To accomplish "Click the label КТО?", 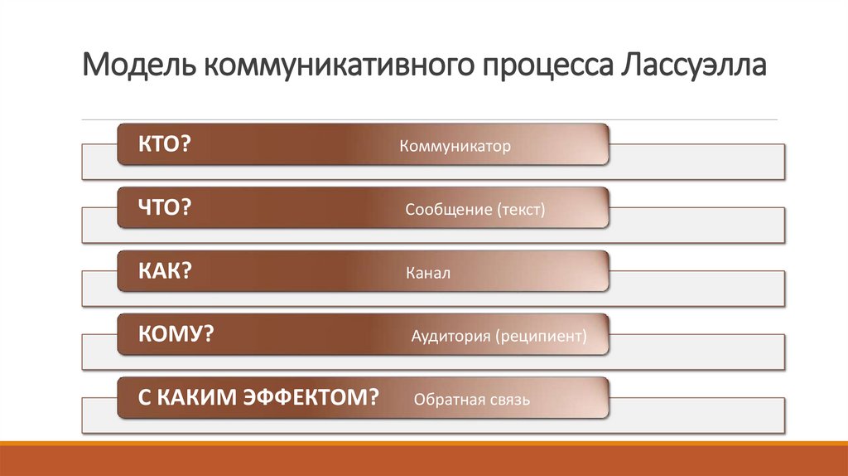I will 165,144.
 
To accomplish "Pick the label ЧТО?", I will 165,208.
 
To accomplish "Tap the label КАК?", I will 165,271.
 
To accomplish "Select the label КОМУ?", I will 176,334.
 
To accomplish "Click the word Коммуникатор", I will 455,147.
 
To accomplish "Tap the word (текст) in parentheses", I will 521,211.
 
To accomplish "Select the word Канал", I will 428,274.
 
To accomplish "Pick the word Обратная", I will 448,401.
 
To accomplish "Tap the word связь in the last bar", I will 508,401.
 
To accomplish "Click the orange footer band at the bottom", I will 424,460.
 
